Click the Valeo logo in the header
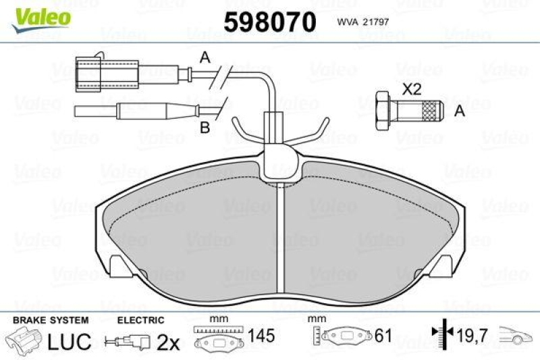pos(41,20)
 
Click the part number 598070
pos(269,22)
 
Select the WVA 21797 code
pos(363,22)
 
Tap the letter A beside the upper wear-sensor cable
pos(205,57)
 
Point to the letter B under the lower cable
pos(205,128)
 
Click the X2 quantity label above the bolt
pos(412,90)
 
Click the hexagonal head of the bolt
pos(383,111)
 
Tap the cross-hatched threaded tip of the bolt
pos(432,111)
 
